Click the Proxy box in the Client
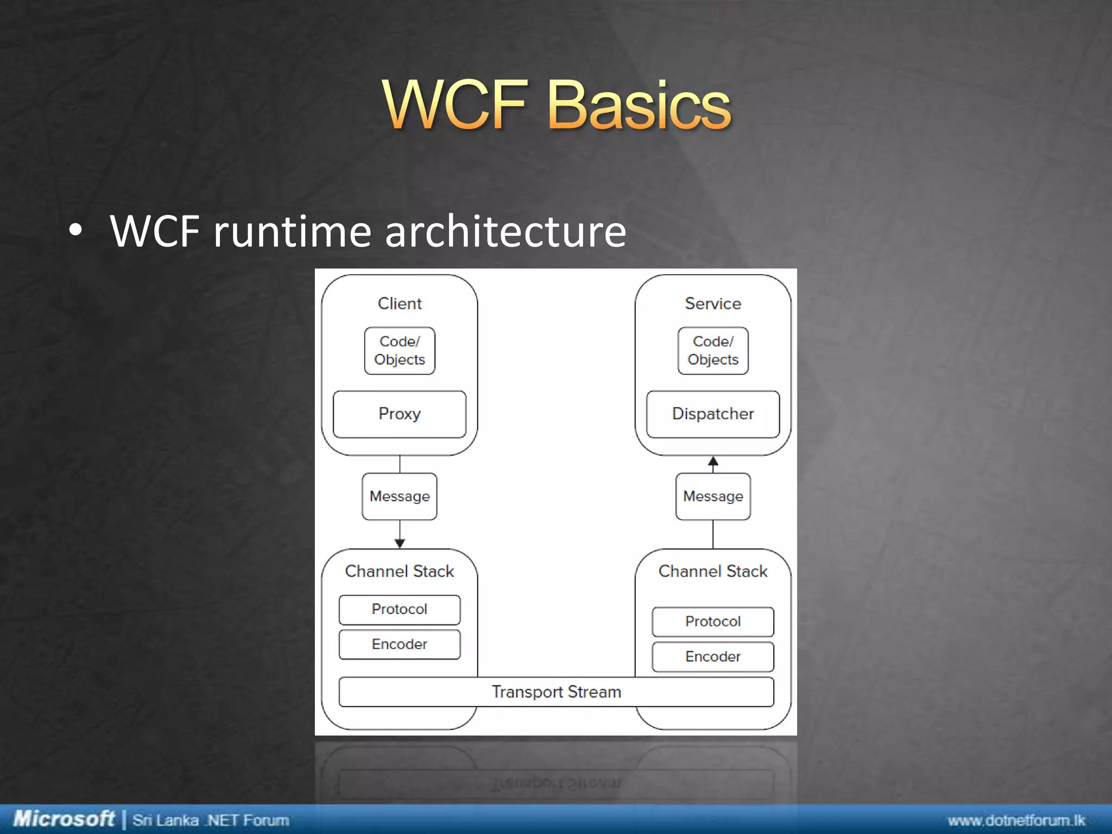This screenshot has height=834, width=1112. [x=400, y=414]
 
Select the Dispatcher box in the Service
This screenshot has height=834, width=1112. [x=713, y=414]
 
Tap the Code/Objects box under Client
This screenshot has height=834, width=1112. [x=400, y=351]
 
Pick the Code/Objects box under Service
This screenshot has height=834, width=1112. [x=713, y=351]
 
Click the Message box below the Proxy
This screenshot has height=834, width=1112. [x=400, y=496]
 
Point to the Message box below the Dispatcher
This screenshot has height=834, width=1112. [x=713, y=496]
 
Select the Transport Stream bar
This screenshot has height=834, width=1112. [x=556, y=692]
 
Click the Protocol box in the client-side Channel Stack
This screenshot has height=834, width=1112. [x=400, y=609]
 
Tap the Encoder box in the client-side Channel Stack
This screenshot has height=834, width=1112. [x=400, y=645]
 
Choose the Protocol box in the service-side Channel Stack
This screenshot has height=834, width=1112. [x=713, y=621]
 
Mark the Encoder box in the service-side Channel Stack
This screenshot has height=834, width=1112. [x=713, y=656]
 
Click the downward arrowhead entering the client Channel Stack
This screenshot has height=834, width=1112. [x=400, y=543]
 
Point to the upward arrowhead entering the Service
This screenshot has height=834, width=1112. [x=713, y=462]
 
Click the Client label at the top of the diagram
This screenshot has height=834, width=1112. [x=400, y=304]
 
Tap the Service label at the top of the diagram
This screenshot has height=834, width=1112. [x=713, y=304]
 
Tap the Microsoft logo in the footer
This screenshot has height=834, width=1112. [x=64, y=819]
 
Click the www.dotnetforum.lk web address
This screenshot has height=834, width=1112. [x=1016, y=820]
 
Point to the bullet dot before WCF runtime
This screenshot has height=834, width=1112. [x=75, y=231]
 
